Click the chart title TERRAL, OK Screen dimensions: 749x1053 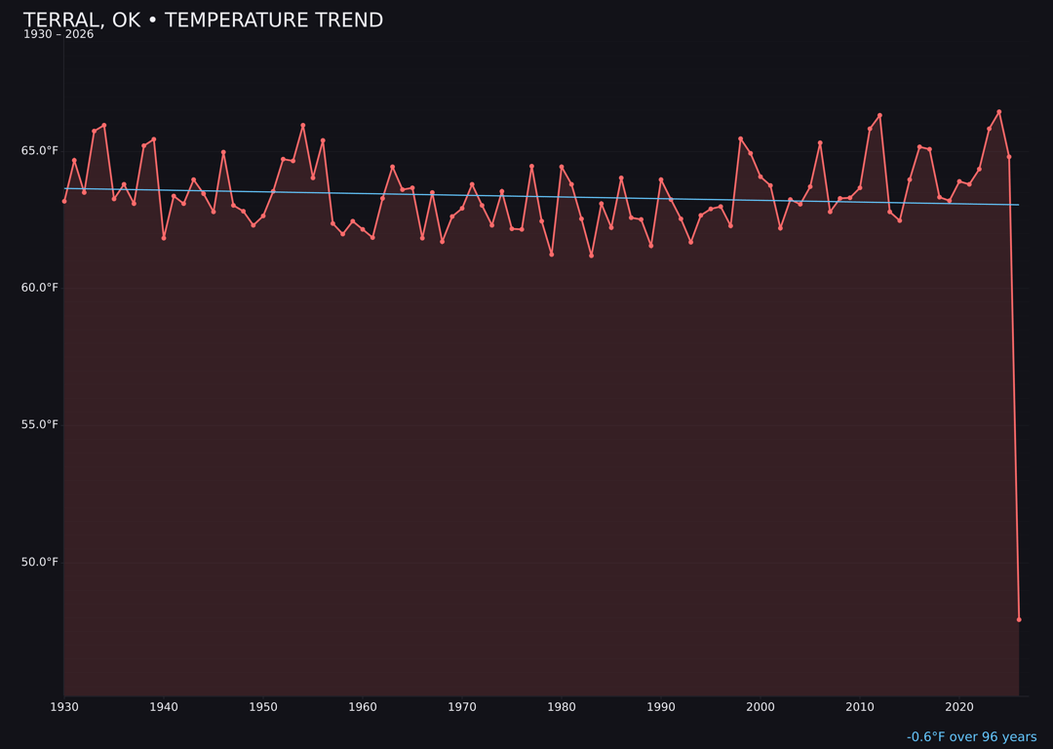203,20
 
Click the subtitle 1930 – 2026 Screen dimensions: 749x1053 58,35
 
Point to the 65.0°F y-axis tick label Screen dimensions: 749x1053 40,150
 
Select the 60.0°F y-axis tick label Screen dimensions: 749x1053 40,288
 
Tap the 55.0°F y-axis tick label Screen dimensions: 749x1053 40,424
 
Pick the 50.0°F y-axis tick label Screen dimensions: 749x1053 40,562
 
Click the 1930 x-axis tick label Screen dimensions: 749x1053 64,706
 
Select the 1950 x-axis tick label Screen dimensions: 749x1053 263,706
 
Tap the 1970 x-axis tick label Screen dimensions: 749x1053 462,706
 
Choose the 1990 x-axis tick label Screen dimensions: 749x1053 661,706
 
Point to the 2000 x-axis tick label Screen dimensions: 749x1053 760,706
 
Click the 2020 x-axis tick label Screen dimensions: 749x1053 959,706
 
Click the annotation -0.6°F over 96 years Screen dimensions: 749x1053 971,737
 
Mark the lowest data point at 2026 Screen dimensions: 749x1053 1019,619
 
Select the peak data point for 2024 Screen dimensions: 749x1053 999,111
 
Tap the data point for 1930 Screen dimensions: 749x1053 64,201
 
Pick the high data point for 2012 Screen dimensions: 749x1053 879,115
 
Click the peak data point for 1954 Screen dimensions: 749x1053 303,125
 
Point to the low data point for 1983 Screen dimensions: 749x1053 591,256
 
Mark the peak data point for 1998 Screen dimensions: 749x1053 740,138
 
